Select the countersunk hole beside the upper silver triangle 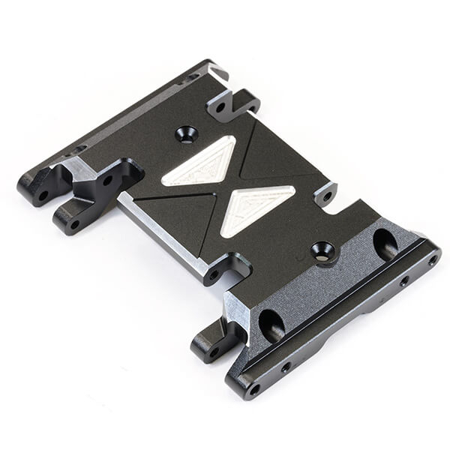[x=186, y=134]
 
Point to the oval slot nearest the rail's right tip [x=385, y=243]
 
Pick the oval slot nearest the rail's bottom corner [x=271, y=324]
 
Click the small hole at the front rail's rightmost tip [x=432, y=260]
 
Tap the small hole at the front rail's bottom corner [x=253, y=389]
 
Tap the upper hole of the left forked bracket [x=107, y=180]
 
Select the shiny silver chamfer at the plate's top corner [x=217, y=73]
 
